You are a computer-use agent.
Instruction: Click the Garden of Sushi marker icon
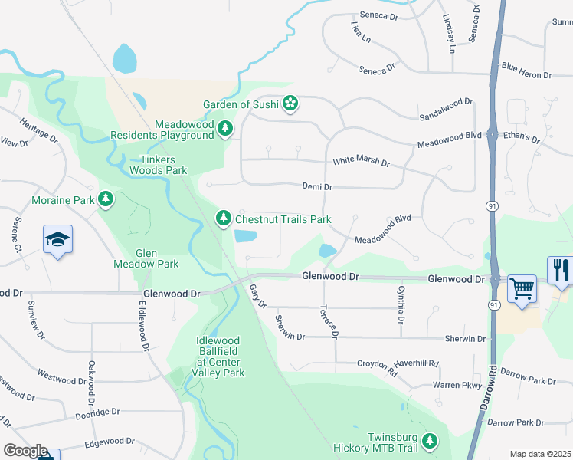pyautogui.click(x=290, y=103)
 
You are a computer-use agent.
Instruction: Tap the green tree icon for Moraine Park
pyautogui.click(x=106, y=200)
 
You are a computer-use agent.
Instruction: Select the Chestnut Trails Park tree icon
pyautogui.click(x=223, y=219)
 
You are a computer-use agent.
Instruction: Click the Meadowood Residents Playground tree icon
pyautogui.click(x=225, y=130)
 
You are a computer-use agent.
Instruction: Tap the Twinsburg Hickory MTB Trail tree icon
pyautogui.click(x=431, y=441)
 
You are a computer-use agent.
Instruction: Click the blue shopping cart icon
pyautogui.click(x=522, y=290)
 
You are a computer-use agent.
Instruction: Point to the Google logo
pyautogui.click(x=25, y=451)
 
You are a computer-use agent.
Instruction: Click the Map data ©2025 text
pyautogui.click(x=540, y=454)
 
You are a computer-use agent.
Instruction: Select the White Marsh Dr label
pyautogui.click(x=361, y=163)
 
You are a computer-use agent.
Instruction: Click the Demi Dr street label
pyautogui.click(x=316, y=186)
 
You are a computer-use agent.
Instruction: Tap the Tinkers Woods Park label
pyautogui.click(x=158, y=165)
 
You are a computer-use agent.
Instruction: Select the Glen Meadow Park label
pyautogui.click(x=156, y=258)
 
